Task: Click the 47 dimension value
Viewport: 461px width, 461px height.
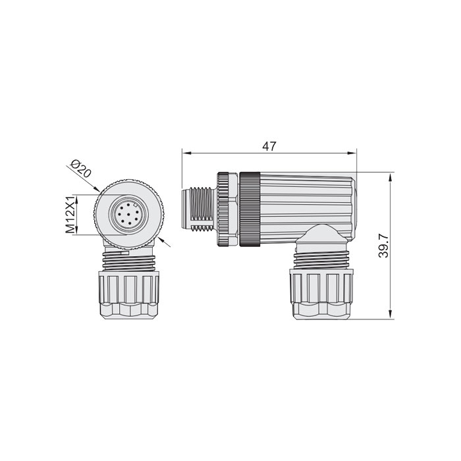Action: [x=268, y=146]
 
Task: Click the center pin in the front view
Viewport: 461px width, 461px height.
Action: [x=125, y=213]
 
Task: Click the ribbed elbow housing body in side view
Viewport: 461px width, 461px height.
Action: [x=306, y=201]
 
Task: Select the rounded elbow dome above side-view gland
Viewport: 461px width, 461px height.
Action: [x=320, y=234]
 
